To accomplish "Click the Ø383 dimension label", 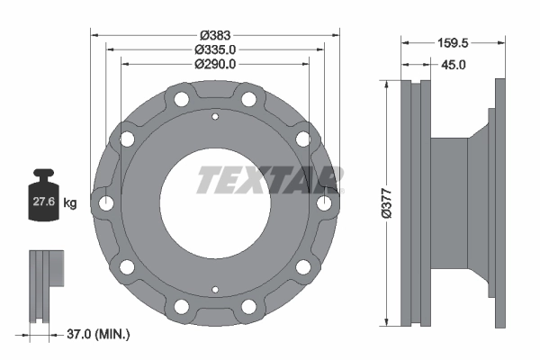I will (215, 36).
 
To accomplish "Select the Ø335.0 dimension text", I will (215, 49).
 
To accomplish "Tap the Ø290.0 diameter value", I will (215, 64).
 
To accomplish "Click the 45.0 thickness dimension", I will (452, 65).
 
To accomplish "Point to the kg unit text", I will (70, 203).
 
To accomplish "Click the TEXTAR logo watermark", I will (269, 180).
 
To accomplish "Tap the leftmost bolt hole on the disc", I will (107, 203).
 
